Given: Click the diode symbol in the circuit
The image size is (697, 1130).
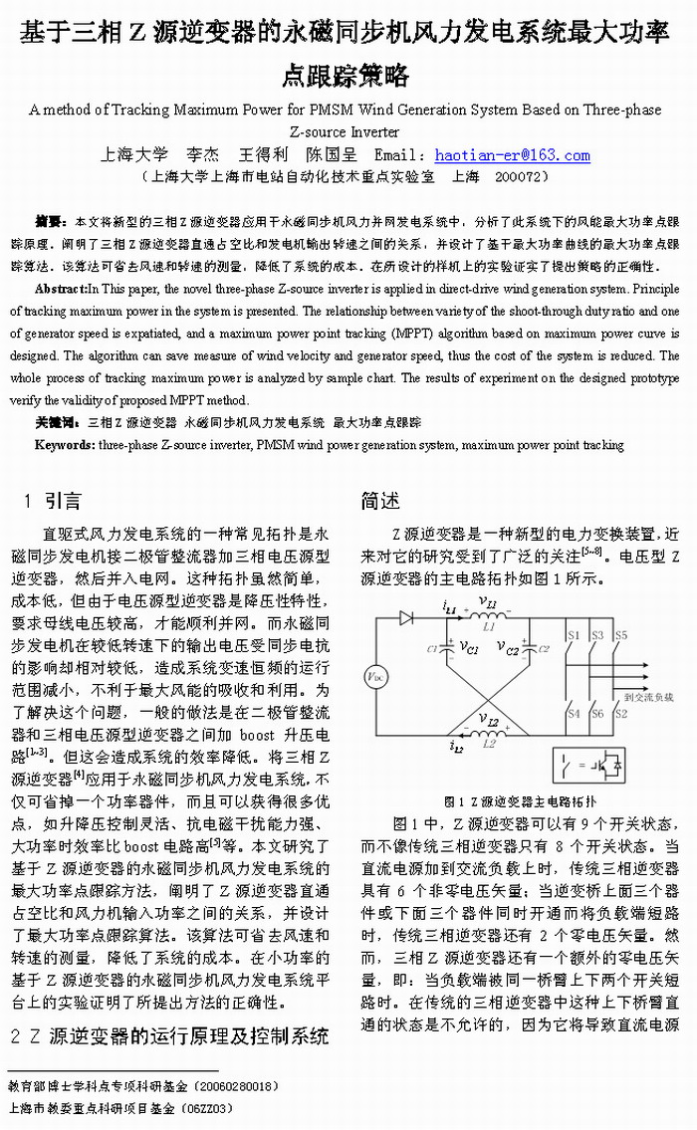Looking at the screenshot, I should (x=405, y=617).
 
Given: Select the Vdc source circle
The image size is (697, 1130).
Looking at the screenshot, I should (x=374, y=679).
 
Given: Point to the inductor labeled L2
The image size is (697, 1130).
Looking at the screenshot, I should (x=488, y=734).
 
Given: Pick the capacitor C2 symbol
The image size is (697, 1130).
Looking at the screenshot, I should (x=530, y=648).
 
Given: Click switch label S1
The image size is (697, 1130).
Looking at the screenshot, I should (x=573, y=634).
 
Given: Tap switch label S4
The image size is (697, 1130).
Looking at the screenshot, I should (x=573, y=714).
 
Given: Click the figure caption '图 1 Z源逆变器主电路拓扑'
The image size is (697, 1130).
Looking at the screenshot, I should (x=520, y=801).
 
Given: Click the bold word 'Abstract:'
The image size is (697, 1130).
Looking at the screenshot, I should (x=61, y=289).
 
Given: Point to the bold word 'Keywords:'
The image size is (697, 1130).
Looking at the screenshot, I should (x=65, y=445).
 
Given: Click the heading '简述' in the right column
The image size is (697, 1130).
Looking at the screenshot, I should (x=380, y=501).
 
